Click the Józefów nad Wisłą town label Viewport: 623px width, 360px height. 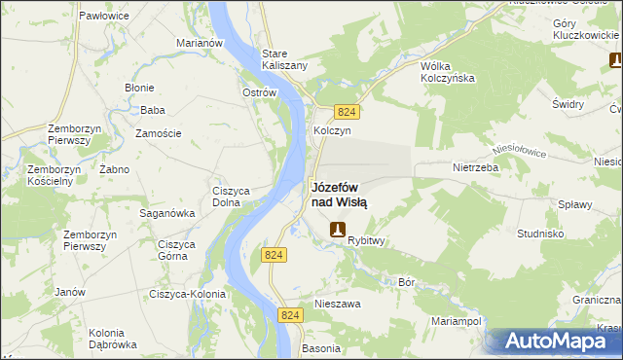(339, 195)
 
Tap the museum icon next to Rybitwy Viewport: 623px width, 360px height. (337, 230)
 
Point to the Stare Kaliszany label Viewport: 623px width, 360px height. (285, 58)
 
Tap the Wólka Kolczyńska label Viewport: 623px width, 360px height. (446, 71)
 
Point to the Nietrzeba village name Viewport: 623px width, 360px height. (475, 167)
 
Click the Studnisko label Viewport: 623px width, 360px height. (541, 234)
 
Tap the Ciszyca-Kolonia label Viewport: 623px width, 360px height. (187, 294)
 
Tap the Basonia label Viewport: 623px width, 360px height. (321, 347)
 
